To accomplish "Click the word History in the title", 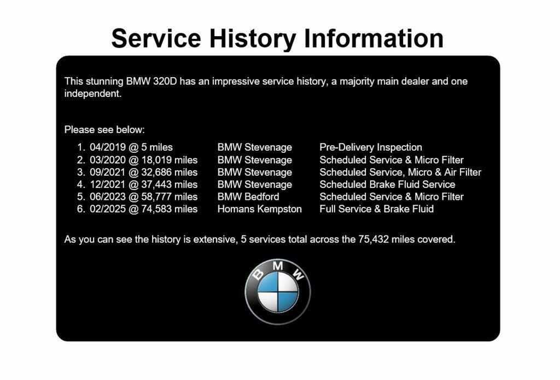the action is point(253,39).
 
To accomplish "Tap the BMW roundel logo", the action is point(278,292).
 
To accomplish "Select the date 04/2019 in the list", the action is point(108,147).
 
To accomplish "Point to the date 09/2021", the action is point(108,172).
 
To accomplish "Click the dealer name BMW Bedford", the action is point(248,197).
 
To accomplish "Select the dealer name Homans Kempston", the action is point(260,209).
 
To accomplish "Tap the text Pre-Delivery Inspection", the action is point(371,147).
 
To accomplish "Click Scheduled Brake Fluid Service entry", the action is point(388,185).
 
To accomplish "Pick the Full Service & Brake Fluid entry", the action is point(377,209).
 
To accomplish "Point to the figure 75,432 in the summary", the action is point(374,239).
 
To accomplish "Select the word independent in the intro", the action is point(93,94).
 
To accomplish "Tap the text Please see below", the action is point(104,130).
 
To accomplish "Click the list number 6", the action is point(81,209).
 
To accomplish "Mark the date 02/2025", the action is point(108,209).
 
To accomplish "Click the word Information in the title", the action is point(374,39).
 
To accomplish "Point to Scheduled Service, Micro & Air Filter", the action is point(400,172).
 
